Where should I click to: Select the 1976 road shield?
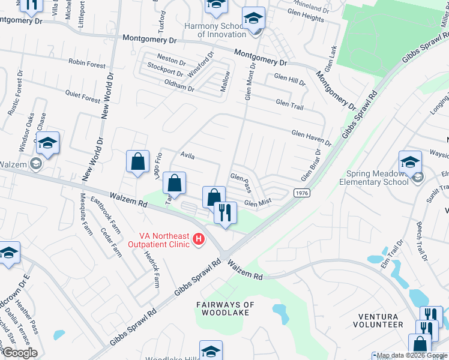pyautogui.click(x=301, y=193)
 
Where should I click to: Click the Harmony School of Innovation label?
pyautogui.click(x=214, y=30)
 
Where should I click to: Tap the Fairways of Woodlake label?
pyautogui.click(x=225, y=308)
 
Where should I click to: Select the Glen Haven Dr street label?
pyautogui.click(x=311, y=139)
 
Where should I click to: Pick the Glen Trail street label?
pyautogui.click(x=289, y=103)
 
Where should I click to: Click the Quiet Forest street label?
pyautogui.click(x=83, y=96)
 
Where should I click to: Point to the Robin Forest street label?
pyautogui.click(x=87, y=64)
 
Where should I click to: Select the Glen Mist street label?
pyautogui.click(x=258, y=203)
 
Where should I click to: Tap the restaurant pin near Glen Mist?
pyautogui.click(x=226, y=214)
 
